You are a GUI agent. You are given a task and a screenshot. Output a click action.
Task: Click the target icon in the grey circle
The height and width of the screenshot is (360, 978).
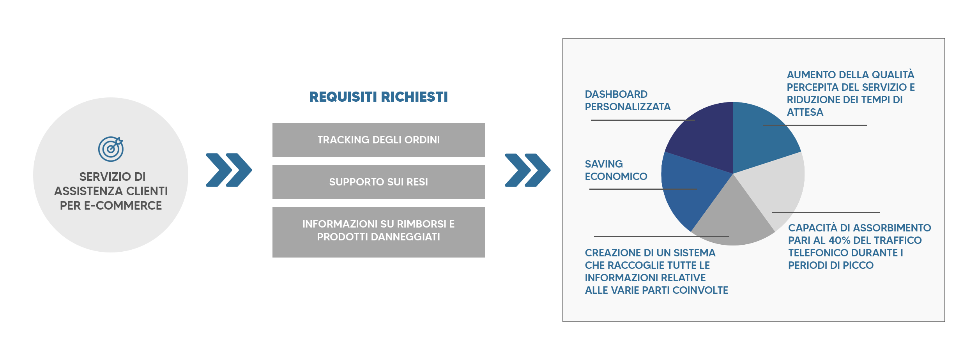tap(111, 149)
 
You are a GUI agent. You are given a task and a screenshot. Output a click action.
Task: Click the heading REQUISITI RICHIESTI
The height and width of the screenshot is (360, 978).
tap(378, 97)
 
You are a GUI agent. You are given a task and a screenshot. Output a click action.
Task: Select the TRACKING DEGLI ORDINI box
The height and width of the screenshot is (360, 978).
tap(378, 140)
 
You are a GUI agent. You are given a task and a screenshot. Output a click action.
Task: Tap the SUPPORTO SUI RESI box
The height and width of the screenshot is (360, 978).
tap(378, 182)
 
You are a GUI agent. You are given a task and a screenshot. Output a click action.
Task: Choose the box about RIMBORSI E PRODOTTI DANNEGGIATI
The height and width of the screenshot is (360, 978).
tap(378, 232)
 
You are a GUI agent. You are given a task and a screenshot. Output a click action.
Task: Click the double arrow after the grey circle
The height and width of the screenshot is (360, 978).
tap(229, 170)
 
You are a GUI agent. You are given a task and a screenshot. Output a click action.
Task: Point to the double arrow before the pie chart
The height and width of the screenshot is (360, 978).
tap(527, 170)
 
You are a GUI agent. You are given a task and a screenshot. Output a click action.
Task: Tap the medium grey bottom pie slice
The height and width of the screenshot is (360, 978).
tap(733, 218)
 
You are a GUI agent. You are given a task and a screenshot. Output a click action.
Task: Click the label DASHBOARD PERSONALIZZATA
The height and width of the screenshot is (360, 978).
tap(628, 101)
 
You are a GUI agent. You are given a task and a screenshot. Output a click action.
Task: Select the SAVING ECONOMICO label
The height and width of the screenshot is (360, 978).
tap(616, 170)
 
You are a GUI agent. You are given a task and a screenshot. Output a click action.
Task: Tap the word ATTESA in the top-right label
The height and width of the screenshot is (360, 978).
tap(805, 112)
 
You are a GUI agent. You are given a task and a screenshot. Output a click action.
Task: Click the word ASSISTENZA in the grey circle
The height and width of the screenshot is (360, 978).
tap(88, 191)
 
